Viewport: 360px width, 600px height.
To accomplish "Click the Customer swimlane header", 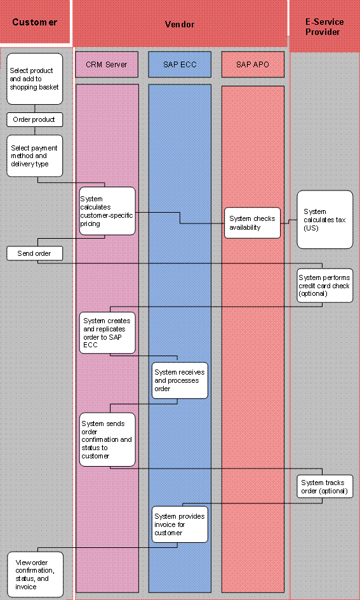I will [x=35, y=23].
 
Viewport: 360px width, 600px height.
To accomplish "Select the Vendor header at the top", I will [x=180, y=24].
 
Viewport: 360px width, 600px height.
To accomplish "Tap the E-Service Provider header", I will [x=325, y=27].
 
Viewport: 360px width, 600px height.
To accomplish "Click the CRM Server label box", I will [x=107, y=64].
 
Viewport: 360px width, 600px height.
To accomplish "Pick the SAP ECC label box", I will [x=180, y=64].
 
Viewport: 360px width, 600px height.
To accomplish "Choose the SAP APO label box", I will [x=252, y=64].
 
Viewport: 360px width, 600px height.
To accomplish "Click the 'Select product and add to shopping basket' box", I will [x=35, y=79].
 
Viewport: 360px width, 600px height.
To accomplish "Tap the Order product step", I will [x=35, y=119].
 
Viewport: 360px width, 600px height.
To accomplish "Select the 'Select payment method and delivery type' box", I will [x=35, y=156].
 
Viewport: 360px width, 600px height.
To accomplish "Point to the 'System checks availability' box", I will [x=253, y=223].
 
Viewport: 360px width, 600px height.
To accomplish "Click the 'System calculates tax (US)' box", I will [x=324, y=219].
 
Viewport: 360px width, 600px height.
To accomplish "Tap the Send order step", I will [x=35, y=253].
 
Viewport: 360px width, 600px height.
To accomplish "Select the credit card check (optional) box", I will [x=324, y=286].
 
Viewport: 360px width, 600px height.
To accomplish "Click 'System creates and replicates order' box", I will [x=107, y=330].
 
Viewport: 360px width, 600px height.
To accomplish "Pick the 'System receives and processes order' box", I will [x=180, y=380].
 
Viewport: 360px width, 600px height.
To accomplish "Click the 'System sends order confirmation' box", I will [x=107, y=439].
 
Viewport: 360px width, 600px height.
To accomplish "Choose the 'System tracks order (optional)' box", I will [x=324, y=486].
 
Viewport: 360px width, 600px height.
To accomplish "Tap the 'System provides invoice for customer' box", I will [x=180, y=524].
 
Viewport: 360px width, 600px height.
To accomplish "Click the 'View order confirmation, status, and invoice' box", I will [x=36, y=574].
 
